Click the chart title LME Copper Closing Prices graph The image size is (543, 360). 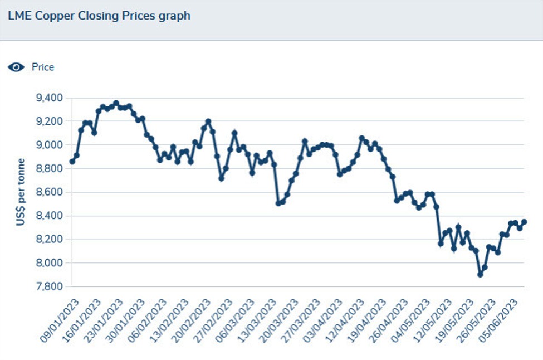click(x=99, y=16)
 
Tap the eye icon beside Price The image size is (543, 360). click(x=16, y=67)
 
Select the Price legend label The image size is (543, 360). click(x=43, y=67)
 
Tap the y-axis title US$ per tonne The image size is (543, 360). click(x=20, y=192)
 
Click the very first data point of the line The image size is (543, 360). click(x=72, y=161)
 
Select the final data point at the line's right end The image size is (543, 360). click(x=524, y=222)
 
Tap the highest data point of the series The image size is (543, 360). click(x=116, y=103)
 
